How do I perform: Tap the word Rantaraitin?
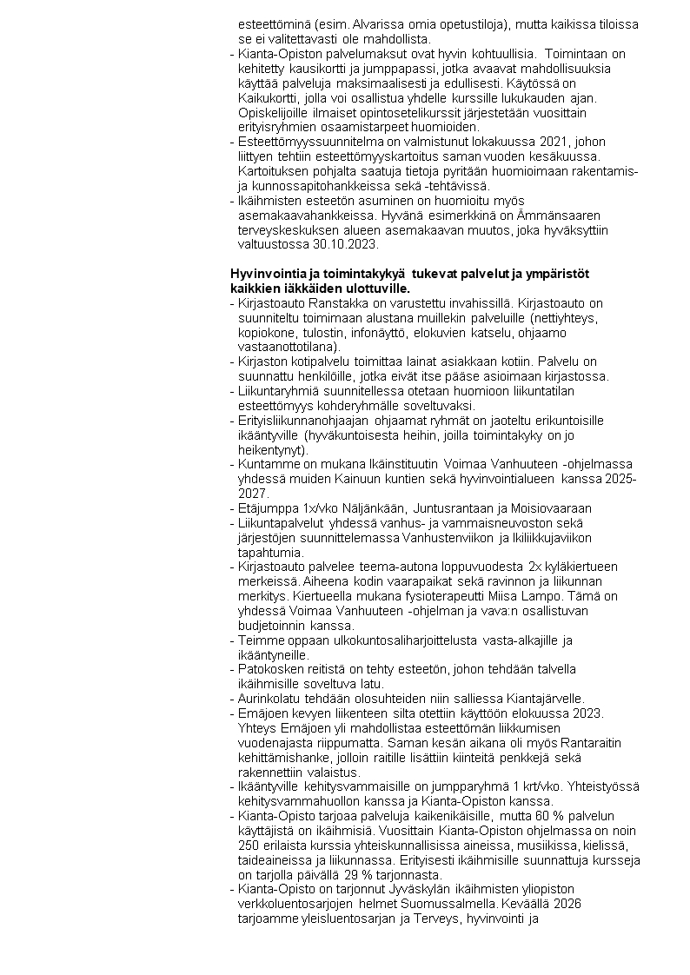click(598, 744)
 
